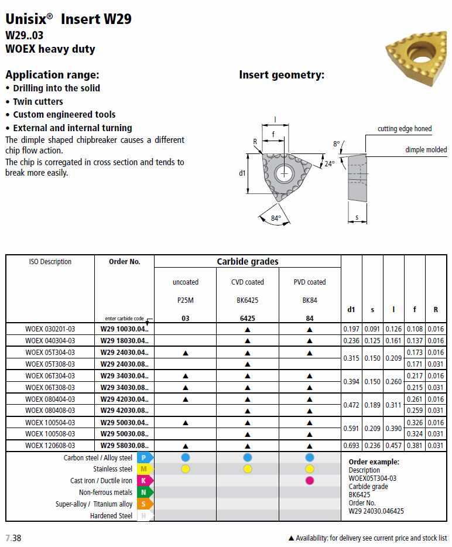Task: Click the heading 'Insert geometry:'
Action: [x=281, y=75]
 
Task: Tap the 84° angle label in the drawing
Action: [x=276, y=218]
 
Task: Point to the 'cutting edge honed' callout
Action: [x=405, y=129]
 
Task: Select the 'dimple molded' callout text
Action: [x=426, y=150]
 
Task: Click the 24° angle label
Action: [x=330, y=164]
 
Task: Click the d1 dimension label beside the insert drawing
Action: [x=242, y=173]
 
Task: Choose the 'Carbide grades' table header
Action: [x=247, y=262]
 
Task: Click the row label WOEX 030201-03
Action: [x=50, y=329]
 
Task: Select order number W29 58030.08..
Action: [x=124, y=446]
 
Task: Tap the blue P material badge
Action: [x=144, y=457]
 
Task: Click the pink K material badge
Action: [x=144, y=481]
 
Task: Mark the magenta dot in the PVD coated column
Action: [x=310, y=481]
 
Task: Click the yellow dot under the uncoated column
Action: [x=186, y=469]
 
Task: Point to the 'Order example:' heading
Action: [x=374, y=462]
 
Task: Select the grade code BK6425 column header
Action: [x=247, y=300]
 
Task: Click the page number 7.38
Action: [x=13, y=538]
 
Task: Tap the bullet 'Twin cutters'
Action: [x=38, y=101]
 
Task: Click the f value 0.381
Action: [x=414, y=446]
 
